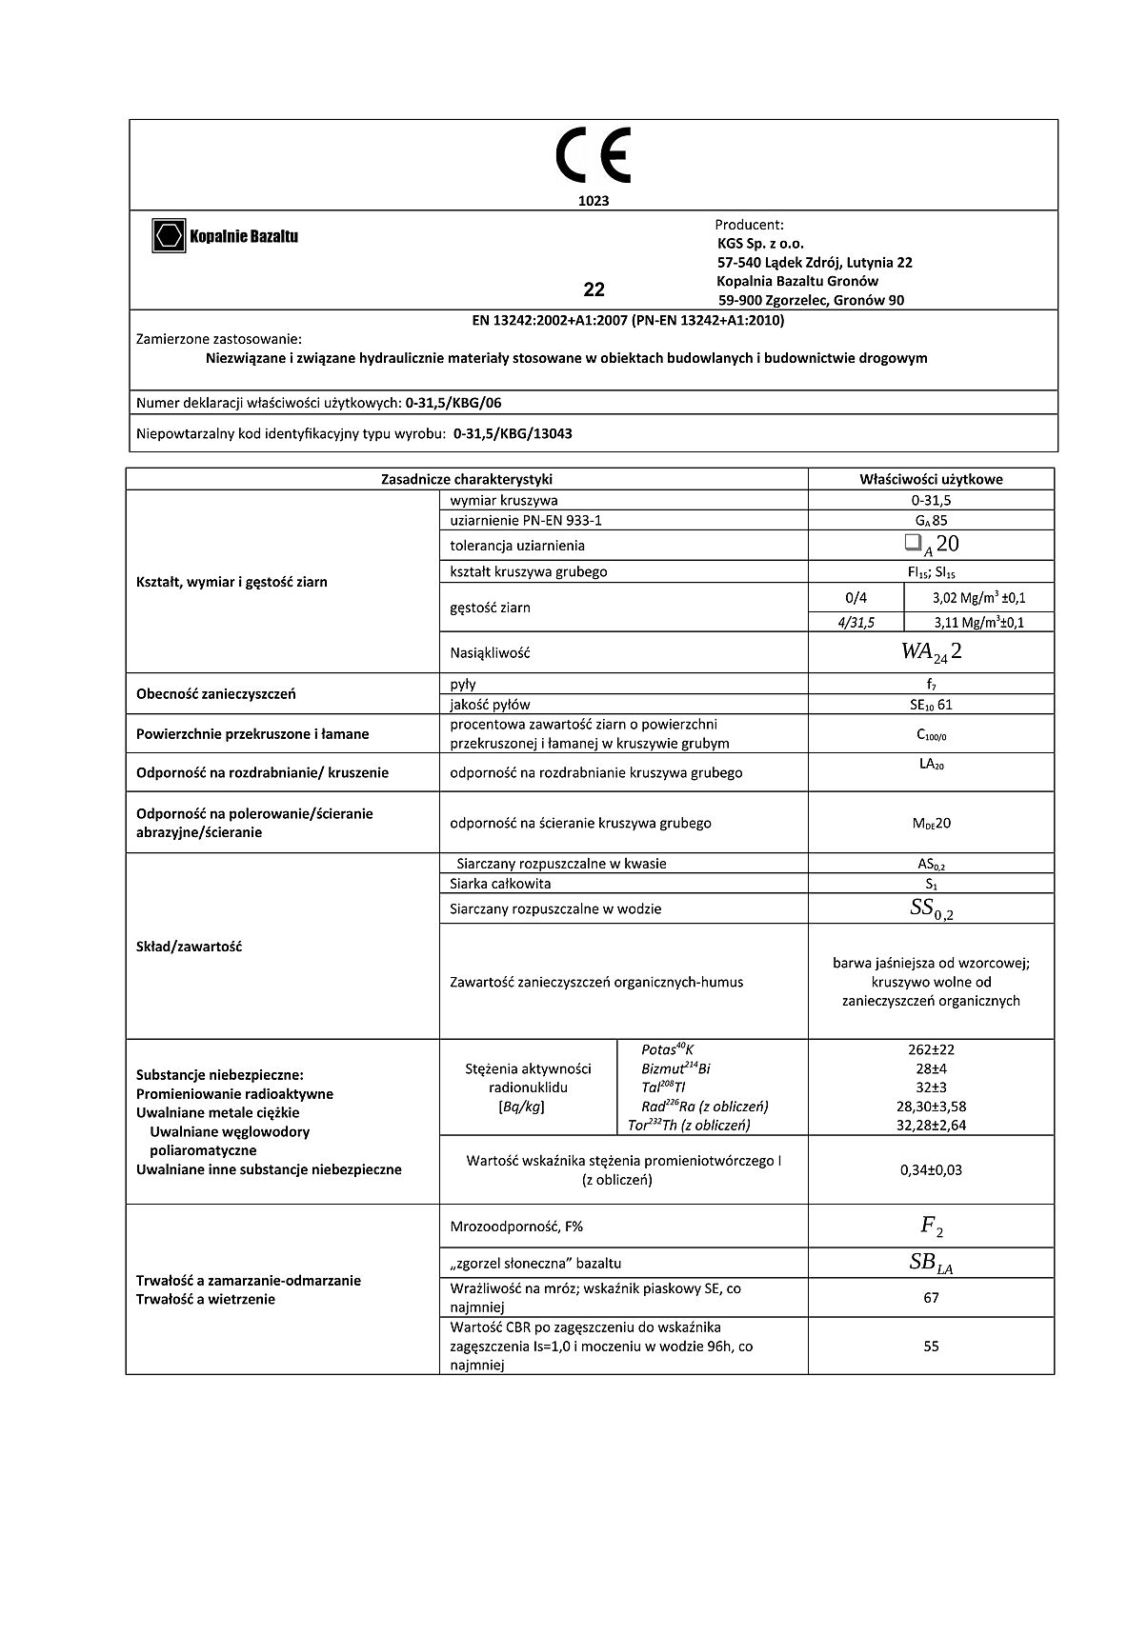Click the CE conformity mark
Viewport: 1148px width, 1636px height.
click(x=594, y=158)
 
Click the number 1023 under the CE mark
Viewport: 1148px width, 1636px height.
click(x=594, y=201)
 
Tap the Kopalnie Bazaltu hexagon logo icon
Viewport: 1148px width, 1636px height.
click(x=169, y=236)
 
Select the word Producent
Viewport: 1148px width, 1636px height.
click(x=749, y=225)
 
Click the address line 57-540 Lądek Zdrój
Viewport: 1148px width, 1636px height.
click(x=815, y=262)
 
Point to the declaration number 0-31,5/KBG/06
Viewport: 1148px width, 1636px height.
click(x=453, y=403)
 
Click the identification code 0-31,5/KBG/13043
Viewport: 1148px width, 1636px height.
click(x=513, y=433)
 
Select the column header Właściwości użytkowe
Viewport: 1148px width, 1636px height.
click(x=931, y=480)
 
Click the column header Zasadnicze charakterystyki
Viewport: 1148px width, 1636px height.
click(x=467, y=480)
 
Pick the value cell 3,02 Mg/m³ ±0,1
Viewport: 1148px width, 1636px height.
click(x=978, y=599)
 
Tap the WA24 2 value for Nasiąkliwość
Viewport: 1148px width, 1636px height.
click(x=931, y=653)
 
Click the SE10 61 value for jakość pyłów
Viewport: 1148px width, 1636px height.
click(x=931, y=705)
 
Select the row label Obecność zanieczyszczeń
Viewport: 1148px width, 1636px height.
click(x=216, y=694)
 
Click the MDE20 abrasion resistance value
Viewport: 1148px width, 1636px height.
click(x=931, y=823)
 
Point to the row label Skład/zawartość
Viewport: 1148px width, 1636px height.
click(x=190, y=947)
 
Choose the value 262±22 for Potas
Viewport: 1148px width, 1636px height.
click(x=931, y=1049)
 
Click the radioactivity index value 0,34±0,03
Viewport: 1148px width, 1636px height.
click(x=931, y=1169)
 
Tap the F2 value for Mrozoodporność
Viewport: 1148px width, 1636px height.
click(x=931, y=1227)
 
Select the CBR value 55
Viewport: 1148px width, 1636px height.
click(x=931, y=1346)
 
